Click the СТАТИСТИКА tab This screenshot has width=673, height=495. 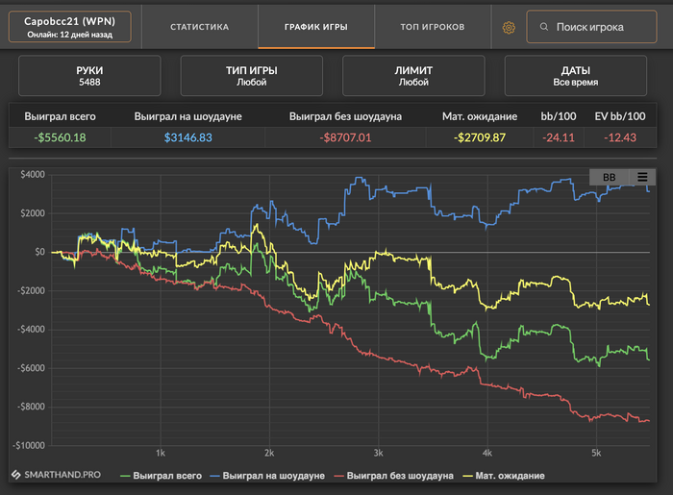(x=199, y=27)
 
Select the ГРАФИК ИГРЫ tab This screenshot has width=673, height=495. (x=316, y=27)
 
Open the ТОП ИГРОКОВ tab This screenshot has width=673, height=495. (x=433, y=27)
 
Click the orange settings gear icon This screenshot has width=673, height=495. (x=509, y=27)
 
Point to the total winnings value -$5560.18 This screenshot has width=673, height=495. (x=60, y=137)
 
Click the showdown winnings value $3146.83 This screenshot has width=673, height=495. (x=187, y=137)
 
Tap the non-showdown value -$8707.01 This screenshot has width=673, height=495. (x=345, y=137)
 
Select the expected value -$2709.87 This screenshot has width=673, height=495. (x=480, y=137)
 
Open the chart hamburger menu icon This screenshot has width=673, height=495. (x=641, y=177)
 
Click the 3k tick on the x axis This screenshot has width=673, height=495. (x=379, y=452)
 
